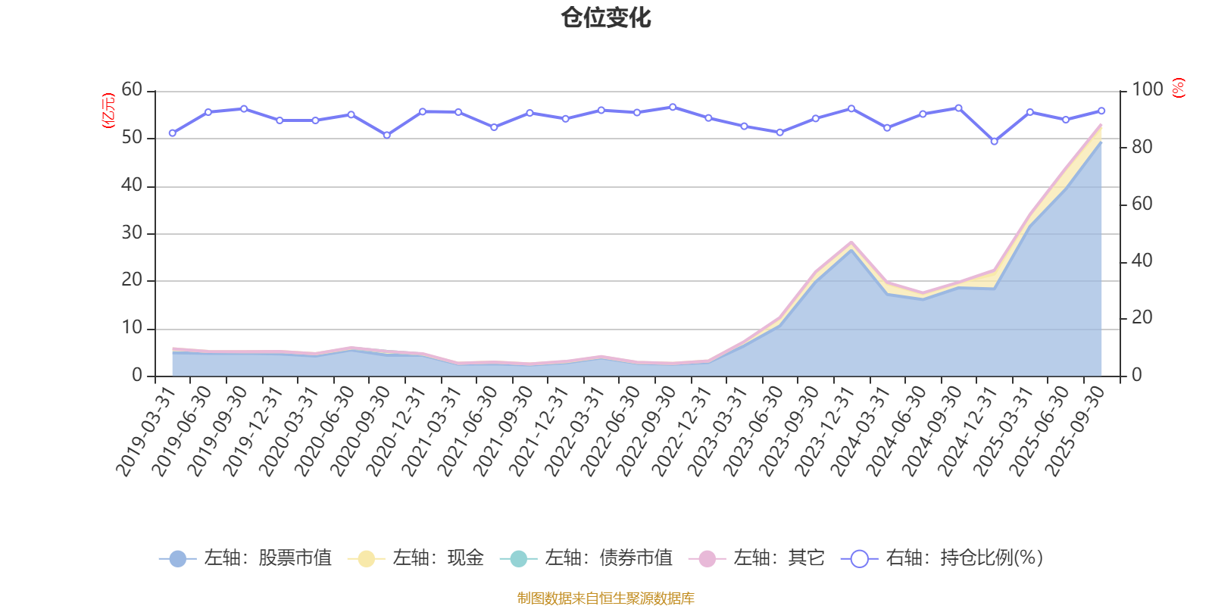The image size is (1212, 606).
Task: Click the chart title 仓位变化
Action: (606, 17)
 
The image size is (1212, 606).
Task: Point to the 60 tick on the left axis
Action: (132, 90)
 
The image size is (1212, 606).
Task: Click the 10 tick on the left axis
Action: (132, 328)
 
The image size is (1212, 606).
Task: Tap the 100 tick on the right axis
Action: (1147, 90)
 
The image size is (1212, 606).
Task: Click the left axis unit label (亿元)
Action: (108, 111)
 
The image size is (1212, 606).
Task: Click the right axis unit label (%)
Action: (1178, 88)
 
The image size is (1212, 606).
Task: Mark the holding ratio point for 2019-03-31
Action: (173, 133)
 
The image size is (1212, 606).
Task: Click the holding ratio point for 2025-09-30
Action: (1101, 111)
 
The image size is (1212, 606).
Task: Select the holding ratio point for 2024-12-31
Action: (994, 142)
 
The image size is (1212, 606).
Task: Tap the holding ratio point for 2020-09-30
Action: (387, 136)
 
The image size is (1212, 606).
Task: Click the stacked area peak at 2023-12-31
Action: (851, 242)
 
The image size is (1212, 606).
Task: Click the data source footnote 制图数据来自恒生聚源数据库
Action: (606, 598)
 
